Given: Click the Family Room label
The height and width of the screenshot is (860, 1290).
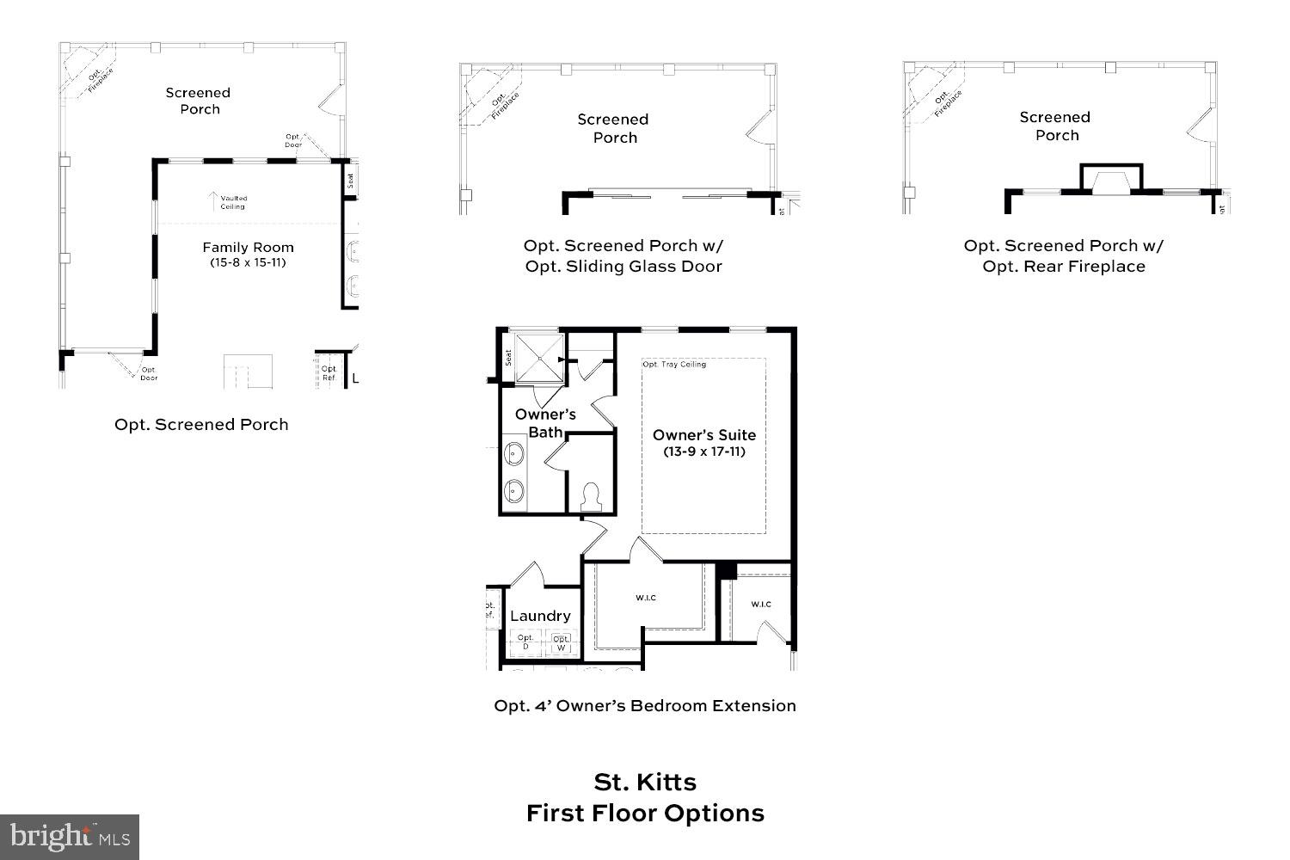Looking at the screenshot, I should [248, 247].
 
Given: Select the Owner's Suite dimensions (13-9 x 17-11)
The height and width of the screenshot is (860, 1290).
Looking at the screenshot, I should [703, 451].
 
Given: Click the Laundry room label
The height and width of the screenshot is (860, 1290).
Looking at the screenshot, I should [540, 616].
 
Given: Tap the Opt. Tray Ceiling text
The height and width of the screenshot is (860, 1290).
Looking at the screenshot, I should [674, 365].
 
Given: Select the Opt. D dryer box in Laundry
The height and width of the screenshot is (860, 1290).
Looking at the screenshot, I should [525, 641].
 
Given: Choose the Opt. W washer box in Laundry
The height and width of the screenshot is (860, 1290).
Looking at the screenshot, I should [561, 641].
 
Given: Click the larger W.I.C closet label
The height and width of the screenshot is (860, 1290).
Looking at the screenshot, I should [646, 598].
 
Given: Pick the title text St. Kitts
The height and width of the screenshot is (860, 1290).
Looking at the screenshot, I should [645, 782].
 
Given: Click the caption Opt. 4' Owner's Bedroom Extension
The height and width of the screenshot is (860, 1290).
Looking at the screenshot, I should [645, 705].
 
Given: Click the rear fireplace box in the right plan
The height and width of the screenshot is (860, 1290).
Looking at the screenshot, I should [1112, 179].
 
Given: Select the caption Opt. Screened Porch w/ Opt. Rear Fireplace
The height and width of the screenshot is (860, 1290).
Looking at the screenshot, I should [1064, 255].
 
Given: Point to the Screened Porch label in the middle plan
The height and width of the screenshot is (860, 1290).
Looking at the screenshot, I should [613, 128].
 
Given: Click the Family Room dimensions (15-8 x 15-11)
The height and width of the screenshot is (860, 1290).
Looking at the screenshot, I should [248, 262].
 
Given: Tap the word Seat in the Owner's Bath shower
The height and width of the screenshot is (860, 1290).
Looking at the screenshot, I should [508, 357].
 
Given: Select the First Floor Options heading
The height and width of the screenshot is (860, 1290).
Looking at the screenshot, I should [645, 813].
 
